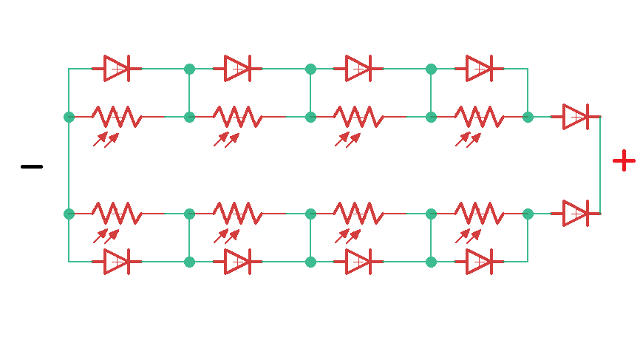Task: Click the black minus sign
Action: pos(32,166)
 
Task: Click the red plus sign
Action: pos(624,160)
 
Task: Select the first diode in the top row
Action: pos(117,69)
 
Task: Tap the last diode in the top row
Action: pos(479,69)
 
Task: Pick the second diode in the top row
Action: pos(237,69)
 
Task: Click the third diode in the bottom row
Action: pos(358,262)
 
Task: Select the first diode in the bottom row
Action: pos(117,262)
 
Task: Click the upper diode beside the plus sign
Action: pos(576,117)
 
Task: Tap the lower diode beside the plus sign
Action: pos(576,214)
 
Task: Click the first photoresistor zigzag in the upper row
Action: pos(117,117)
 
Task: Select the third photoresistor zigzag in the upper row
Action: pos(358,117)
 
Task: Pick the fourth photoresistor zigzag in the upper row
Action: pos(479,117)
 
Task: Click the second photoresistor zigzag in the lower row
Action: pos(237,214)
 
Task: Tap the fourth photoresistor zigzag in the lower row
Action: pos(479,214)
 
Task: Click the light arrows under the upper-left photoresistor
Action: pos(106,139)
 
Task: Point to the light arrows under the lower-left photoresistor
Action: pos(106,236)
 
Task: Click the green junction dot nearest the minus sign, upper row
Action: pos(69,117)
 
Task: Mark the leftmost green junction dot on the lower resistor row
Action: pos(69,214)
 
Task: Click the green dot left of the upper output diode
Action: pos(528,117)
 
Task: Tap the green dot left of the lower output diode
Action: pos(528,214)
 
